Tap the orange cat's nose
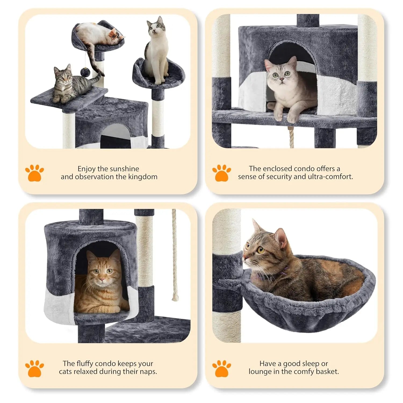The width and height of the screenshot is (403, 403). pyautogui.click(x=102, y=280)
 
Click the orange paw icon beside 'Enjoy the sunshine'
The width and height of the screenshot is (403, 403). pyautogui.click(x=34, y=173)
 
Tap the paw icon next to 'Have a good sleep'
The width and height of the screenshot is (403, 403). pyautogui.click(x=221, y=368)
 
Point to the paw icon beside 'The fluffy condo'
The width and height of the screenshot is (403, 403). pyautogui.click(x=34, y=368)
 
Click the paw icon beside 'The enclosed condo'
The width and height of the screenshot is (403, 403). pyautogui.click(x=221, y=173)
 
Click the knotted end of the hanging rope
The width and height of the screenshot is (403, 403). pyautogui.click(x=175, y=297)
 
